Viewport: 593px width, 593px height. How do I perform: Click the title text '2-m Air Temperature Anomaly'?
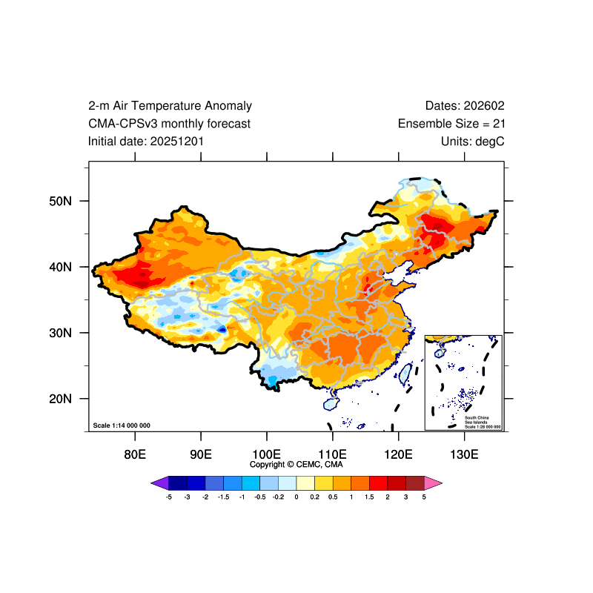(170, 106)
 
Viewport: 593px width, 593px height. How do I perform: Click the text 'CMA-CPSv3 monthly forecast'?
(169, 124)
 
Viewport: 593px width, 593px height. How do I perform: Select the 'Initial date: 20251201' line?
(146, 141)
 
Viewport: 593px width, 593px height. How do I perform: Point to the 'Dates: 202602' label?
(465, 106)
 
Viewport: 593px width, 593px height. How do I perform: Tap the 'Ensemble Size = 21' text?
(451, 124)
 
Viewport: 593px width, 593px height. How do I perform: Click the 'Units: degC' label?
(472, 141)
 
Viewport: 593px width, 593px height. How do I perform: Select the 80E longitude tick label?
(135, 454)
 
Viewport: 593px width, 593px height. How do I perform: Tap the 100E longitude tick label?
(266, 454)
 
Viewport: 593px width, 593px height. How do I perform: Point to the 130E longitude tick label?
(464, 454)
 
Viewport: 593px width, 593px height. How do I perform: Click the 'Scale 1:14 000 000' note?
(122, 425)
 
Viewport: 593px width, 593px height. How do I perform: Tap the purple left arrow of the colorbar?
(159, 483)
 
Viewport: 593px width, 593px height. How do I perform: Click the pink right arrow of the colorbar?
(434, 483)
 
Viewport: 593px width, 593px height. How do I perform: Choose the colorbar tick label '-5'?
(169, 497)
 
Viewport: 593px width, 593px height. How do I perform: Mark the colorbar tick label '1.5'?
(369, 497)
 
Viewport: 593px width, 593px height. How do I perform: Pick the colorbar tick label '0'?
(296, 497)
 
